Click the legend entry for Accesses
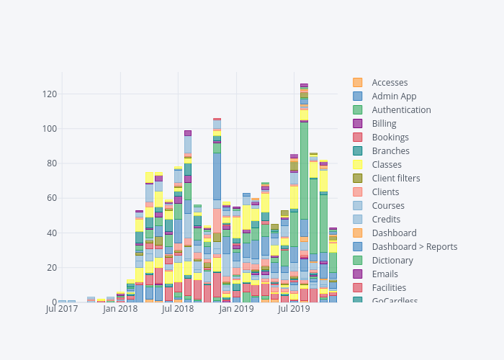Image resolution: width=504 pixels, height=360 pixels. point(390,83)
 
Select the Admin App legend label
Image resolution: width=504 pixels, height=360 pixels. point(394,96)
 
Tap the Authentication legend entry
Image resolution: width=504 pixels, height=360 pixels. point(401,110)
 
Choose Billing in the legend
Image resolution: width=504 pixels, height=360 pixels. point(384,124)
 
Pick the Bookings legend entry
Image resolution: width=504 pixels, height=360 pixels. point(390,138)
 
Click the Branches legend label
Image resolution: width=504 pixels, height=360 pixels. point(390,151)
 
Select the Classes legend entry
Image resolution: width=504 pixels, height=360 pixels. point(387,165)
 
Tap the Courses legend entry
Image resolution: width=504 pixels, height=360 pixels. point(389,206)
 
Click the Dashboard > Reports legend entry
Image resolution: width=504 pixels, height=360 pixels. point(414,247)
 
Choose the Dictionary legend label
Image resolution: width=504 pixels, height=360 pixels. point(392,261)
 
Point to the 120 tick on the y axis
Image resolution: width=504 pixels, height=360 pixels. point(50,94)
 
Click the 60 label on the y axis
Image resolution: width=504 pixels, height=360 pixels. point(52,199)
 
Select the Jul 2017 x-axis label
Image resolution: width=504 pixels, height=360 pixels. point(62,310)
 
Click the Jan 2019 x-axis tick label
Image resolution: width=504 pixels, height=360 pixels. point(236,310)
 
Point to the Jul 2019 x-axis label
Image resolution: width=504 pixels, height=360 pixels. point(294,310)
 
